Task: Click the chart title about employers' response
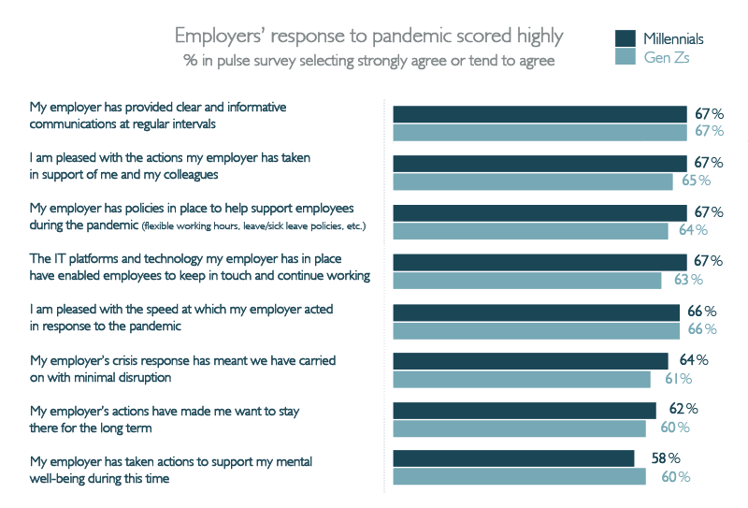368,36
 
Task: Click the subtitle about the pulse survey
368,61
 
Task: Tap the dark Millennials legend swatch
625,38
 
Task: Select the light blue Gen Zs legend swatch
625,56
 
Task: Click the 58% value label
666,457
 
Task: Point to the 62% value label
683,409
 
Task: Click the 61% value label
679,379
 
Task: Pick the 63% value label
688,280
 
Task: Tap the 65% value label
696,180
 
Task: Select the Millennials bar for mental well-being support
513,458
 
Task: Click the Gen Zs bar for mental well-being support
520,476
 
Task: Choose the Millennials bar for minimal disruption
530,361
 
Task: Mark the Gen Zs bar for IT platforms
527,281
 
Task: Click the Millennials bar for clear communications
540,114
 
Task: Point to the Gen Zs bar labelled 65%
533,181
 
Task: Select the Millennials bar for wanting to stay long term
525,411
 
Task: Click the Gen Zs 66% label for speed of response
702,329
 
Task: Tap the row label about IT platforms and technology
200,267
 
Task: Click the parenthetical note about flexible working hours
253,225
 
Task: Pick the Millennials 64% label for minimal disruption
694,359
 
